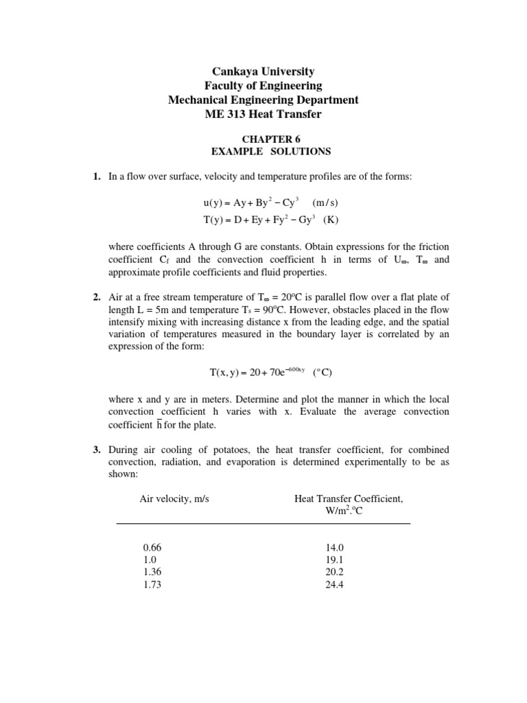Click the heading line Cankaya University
coord(263,71)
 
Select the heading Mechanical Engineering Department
coord(263,100)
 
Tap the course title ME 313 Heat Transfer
coord(263,114)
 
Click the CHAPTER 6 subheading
coord(263,138)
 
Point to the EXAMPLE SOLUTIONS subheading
coord(263,151)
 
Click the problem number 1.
coord(97,176)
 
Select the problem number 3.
coord(97,450)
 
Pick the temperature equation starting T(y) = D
coord(251,220)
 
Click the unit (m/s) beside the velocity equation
coord(326,204)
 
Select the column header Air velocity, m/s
coord(174,499)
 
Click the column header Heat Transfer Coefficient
coord(349,499)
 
